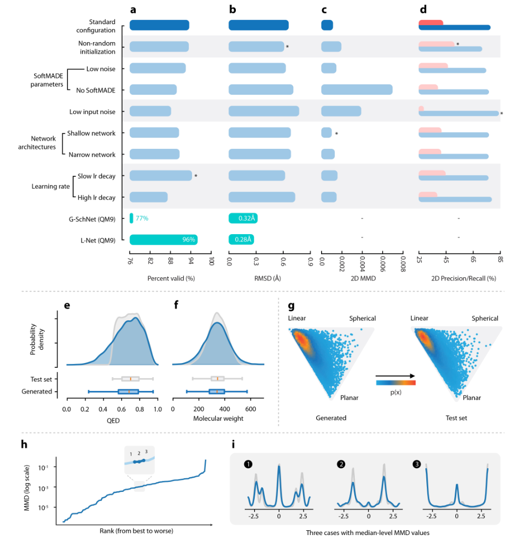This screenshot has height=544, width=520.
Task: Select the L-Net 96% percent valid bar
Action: click(x=163, y=239)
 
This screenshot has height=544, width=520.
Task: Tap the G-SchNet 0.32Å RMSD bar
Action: click(x=243, y=218)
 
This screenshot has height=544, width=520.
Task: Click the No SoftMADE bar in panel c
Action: click(x=356, y=90)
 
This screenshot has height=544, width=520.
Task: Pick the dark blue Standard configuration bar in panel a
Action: click(x=159, y=25)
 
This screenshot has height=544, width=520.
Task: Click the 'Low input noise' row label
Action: click(x=92, y=112)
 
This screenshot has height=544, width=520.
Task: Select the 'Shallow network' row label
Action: click(x=91, y=133)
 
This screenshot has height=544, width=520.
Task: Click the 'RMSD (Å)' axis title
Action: click(x=268, y=278)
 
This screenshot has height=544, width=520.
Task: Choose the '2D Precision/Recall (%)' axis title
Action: click(x=459, y=278)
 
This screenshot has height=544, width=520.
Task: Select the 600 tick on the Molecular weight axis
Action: click(x=249, y=409)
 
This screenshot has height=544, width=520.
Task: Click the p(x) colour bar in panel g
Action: click(x=396, y=384)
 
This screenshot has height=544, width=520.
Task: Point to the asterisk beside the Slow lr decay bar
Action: click(x=196, y=176)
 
